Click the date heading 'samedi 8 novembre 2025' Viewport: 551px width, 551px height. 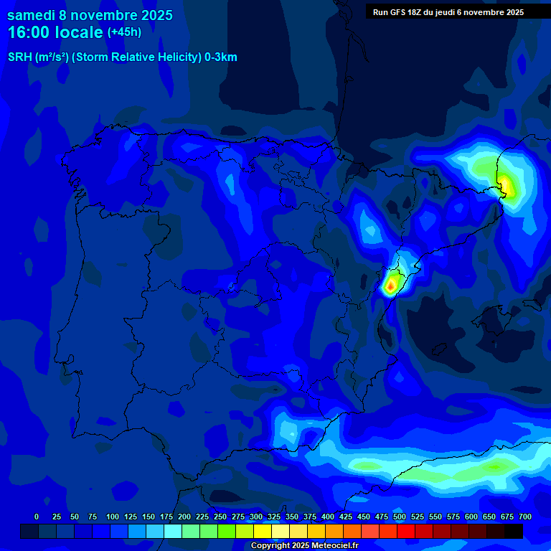90,15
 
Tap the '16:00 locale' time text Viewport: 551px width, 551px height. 56,32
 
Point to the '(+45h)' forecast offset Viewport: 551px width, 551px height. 124,32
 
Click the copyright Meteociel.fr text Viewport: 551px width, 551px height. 304,546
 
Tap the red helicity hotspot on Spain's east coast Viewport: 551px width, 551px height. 390,286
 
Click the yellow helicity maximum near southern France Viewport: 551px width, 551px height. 507,185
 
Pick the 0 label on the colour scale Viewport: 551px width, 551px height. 37,517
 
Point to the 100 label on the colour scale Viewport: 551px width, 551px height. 113,517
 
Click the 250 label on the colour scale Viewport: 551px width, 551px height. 220,517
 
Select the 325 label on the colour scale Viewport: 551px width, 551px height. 274,517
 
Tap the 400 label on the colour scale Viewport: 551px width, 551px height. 328,517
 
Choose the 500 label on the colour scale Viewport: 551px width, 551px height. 400,517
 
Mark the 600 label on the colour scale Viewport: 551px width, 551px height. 471,517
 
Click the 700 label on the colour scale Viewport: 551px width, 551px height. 525,517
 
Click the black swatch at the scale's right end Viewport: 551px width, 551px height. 514,532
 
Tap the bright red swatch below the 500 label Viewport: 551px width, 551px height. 406,532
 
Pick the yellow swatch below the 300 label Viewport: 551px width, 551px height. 263,532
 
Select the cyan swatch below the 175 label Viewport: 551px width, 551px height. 173,532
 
